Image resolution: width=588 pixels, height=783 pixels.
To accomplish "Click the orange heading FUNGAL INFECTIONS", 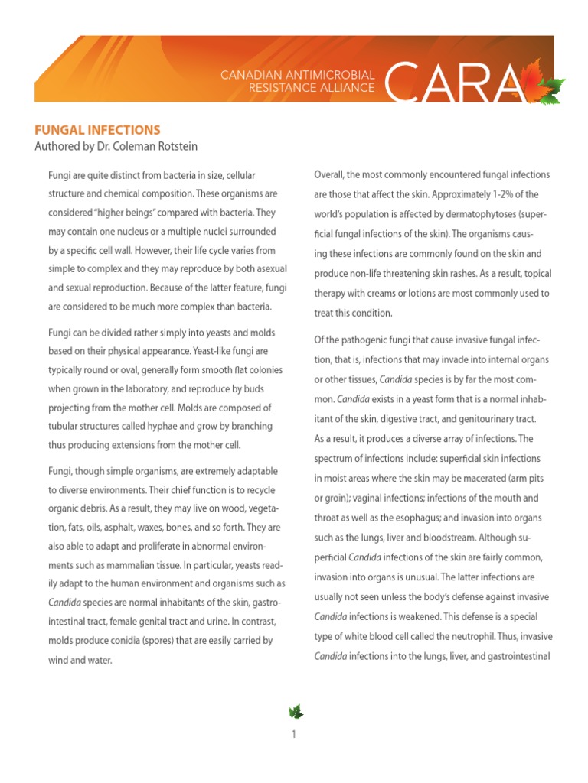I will (96, 130).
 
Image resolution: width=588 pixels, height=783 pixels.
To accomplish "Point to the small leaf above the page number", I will (295, 712).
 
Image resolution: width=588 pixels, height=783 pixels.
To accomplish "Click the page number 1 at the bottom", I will (294, 735).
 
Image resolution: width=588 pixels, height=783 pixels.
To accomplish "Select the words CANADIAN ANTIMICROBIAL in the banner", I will (297, 75).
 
